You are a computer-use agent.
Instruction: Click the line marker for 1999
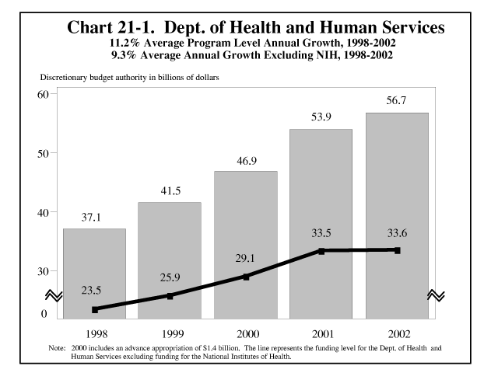(170, 295)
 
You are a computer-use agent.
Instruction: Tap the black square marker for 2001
(321, 251)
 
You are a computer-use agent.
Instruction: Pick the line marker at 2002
(397, 250)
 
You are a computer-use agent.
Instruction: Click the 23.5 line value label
(94, 291)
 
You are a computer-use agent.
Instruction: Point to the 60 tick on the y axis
(42, 94)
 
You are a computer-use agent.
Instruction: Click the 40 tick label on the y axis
(42, 212)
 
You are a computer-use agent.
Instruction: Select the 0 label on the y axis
(44, 314)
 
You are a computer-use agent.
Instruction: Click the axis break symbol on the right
(437, 295)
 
